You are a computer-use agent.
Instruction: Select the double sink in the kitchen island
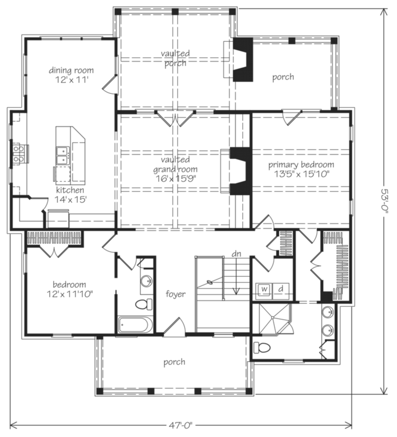click(63, 155)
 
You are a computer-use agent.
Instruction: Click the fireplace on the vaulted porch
click(242, 60)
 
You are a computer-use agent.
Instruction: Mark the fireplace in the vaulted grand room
click(240, 171)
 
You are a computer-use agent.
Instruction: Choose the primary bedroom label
click(301, 165)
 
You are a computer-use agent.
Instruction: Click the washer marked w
click(264, 288)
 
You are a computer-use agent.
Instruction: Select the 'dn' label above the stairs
click(237, 254)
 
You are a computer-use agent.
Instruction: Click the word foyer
click(176, 294)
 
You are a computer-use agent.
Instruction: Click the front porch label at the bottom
click(174, 362)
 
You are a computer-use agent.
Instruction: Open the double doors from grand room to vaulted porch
click(173, 118)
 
